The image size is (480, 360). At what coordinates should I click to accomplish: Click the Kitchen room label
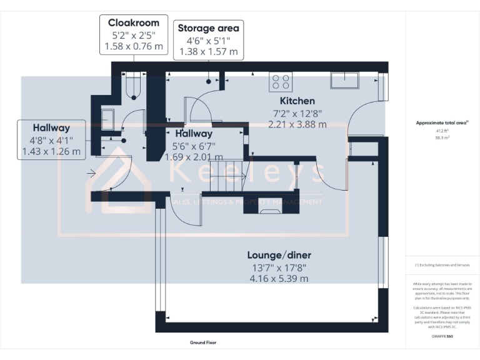[x=297, y=101]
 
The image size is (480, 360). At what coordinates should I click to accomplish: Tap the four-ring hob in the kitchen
[x=280, y=82]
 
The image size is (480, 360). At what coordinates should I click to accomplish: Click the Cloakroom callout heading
[x=133, y=23]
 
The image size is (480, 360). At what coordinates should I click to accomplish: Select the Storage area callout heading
[x=208, y=28]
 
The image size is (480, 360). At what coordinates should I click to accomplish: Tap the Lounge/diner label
[x=279, y=255]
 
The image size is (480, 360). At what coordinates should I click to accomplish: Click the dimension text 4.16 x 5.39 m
[x=279, y=278]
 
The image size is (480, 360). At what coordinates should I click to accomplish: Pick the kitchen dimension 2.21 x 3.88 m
[x=297, y=124]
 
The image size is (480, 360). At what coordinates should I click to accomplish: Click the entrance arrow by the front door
[x=92, y=173]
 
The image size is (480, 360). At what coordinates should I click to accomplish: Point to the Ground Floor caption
[x=202, y=342]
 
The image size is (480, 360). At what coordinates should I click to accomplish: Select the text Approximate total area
[x=441, y=124]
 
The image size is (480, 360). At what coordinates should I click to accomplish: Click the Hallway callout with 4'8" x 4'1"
[x=51, y=127]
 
